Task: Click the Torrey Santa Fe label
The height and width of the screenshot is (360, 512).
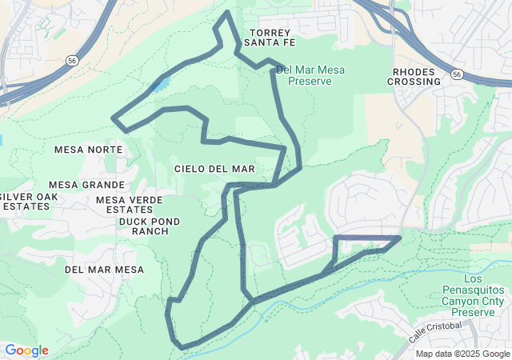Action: [x=268, y=38]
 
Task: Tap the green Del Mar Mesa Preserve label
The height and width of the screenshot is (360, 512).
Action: [x=310, y=75]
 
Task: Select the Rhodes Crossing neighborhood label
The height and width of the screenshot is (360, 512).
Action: [x=416, y=76]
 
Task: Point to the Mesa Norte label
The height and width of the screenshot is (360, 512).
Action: [x=89, y=150]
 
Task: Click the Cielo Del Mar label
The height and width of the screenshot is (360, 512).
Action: [x=214, y=169]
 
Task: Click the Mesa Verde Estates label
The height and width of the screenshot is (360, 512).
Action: [x=130, y=205]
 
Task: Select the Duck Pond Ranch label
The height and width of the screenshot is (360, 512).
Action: [x=149, y=226]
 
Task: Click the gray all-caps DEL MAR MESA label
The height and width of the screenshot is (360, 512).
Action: [x=105, y=270]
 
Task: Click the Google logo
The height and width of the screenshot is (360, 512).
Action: [x=26, y=350]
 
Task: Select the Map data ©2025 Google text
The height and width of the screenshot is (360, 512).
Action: [x=462, y=354]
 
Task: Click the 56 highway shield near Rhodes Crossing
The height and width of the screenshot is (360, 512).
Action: [x=456, y=74]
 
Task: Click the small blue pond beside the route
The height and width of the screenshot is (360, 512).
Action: [x=161, y=83]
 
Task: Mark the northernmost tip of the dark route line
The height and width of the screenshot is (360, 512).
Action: [x=229, y=13]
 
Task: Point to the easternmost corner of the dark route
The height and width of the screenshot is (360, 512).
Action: [x=400, y=238]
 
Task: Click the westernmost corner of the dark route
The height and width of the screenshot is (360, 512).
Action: [x=112, y=118]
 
